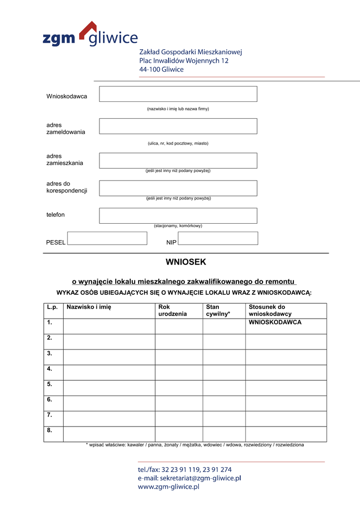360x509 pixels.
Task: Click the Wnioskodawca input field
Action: click(178, 94)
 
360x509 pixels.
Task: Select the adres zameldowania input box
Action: click(178, 126)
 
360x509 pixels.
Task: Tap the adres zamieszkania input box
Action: click(178, 161)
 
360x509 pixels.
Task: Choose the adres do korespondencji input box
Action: click(178, 188)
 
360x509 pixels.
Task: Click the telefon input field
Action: click(178, 216)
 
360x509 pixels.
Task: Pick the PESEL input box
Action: click(107, 238)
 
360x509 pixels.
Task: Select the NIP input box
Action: click(218, 238)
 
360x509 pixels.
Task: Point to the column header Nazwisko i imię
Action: click(89, 307)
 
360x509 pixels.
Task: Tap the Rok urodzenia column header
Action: click(173, 311)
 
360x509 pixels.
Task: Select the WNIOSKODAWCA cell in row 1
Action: click(275, 323)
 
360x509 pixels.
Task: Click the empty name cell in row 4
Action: click(109, 373)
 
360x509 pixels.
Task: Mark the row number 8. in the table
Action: click(50, 430)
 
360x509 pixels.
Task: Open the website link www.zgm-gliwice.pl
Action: click(169, 487)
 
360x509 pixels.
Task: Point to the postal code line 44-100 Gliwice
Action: click(162, 70)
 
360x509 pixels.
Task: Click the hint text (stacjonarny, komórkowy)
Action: click(178, 226)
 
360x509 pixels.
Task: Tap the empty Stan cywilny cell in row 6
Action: click(224, 404)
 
